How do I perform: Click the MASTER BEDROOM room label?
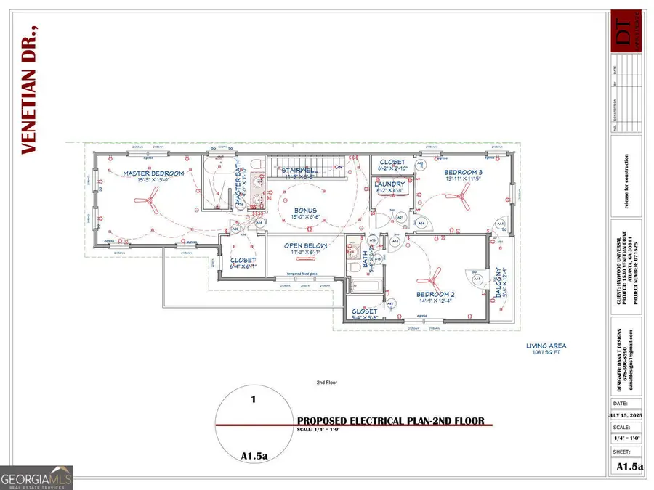coord(153,173)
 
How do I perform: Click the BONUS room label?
coord(304,210)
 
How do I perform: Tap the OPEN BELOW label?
coord(306,246)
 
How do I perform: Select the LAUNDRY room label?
coord(389,184)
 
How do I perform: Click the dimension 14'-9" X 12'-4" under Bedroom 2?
coord(435,301)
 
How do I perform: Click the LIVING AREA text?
coord(546,346)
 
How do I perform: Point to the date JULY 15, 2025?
coord(626,415)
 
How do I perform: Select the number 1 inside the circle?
coord(254,399)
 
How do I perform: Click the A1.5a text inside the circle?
coord(254,455)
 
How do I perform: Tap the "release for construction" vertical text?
coord(626,181)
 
